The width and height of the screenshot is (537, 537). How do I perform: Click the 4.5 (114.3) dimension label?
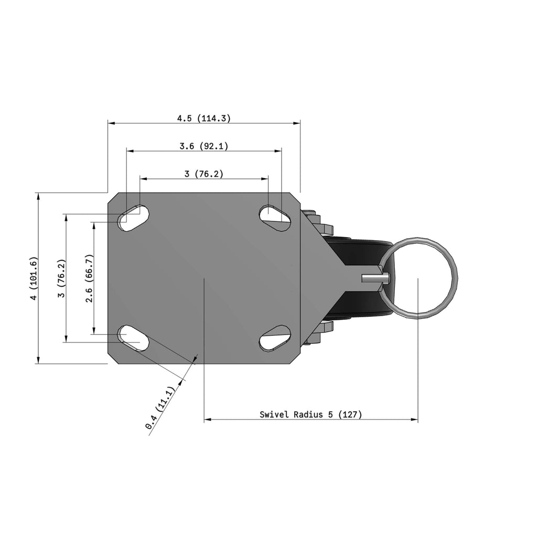[204, 119]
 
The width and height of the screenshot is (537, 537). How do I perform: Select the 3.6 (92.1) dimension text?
[204, 146]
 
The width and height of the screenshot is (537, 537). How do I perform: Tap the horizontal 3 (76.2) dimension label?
[204, 174]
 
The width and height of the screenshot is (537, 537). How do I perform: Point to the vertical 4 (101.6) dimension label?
[34, 278]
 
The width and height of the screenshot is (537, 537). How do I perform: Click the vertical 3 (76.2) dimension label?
[61, 278]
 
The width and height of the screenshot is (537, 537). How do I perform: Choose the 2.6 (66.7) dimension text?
[89, 278]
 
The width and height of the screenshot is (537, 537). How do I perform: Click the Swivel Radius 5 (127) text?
[310, 414]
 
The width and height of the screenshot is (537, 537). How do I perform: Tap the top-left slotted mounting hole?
[133, 218]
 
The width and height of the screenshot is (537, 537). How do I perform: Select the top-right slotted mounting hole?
[275, 218]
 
